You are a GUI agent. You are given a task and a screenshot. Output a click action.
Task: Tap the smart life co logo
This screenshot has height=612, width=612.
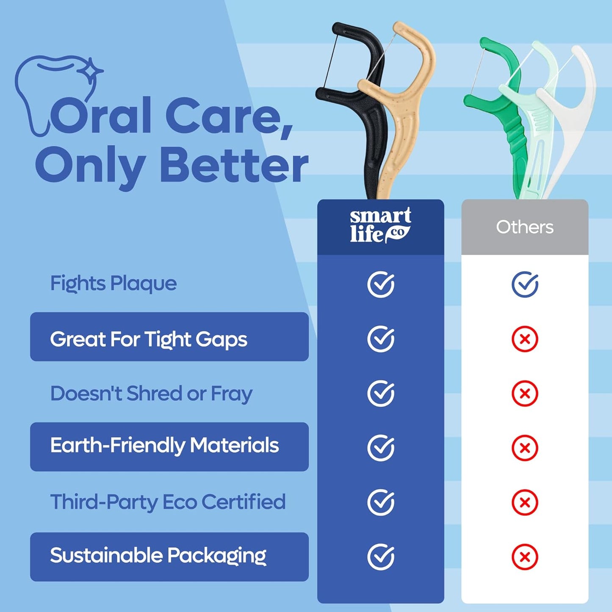pos(380,226)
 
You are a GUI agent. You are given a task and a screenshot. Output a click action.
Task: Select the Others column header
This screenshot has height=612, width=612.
pos(525,227)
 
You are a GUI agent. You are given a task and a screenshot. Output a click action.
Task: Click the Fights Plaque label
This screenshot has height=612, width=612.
pos(114,284)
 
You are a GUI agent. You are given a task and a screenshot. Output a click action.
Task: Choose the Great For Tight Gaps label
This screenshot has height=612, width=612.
pos(149,340)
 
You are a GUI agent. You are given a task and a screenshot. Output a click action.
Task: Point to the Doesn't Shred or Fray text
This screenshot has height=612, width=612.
pos(151,394)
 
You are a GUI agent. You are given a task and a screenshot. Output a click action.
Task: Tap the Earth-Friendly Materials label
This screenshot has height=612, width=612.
pos(164,446)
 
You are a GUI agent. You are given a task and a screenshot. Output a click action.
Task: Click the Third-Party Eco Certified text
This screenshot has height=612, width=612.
pos(168,502)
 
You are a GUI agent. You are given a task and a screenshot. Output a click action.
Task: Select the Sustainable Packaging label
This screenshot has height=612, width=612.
pos(158,556)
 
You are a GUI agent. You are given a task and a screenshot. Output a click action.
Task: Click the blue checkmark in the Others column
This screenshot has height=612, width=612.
pos(525,284)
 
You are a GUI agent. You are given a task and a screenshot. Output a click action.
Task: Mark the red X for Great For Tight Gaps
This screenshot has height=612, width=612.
pos(525,339)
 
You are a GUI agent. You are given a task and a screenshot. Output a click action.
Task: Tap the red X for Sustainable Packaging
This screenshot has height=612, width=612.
pos(525,557)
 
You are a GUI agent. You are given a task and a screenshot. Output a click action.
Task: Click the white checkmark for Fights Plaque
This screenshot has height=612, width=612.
pos(381,284)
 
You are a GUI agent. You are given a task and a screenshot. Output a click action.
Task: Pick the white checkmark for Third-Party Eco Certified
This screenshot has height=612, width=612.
pos(381,502)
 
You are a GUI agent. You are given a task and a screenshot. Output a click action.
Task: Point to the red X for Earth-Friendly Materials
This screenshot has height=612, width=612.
pos(525,448)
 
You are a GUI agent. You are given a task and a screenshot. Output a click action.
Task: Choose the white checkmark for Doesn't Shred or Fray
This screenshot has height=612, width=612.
pos(381,393)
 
